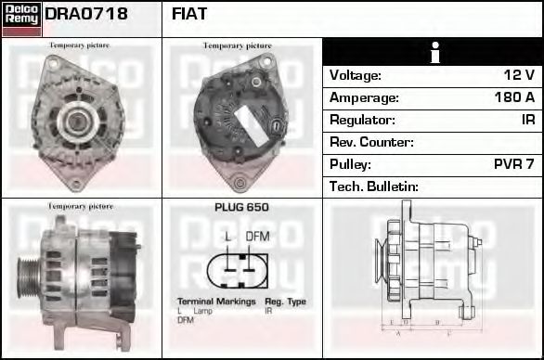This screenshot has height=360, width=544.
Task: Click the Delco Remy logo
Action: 21,18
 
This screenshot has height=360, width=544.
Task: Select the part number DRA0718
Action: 86,15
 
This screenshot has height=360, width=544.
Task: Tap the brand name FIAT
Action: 189,15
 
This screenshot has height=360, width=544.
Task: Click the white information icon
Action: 433,53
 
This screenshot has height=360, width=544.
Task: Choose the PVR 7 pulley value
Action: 513,164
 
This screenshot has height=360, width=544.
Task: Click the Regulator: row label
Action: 362,120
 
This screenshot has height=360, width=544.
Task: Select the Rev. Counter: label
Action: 371,142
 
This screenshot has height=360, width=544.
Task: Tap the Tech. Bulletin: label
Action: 374,186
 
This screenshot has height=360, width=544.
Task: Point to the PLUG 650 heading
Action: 241,208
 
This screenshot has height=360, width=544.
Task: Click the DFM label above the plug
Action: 257,237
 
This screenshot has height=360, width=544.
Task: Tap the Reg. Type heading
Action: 285,302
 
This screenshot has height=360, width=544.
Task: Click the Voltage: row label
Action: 356,75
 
